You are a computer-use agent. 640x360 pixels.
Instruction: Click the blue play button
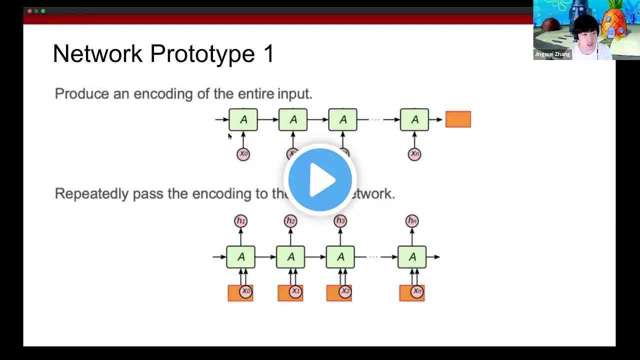click(x=320, y=180)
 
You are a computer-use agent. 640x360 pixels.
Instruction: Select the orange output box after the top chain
click(x=458, y=119)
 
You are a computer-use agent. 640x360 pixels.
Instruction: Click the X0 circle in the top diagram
click(x=243, y=153)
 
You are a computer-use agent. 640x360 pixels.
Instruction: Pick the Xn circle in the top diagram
click(x=414, y=153)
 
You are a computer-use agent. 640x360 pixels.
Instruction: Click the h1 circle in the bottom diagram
click(x=240, y=221)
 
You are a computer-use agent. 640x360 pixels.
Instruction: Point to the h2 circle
click(x=290, y=221)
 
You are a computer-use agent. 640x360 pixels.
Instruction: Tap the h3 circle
click(x=340, y=221)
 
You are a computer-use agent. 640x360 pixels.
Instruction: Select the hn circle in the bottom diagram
click(x=412, y=221)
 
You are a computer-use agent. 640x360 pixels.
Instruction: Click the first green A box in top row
click(x=243, y=119)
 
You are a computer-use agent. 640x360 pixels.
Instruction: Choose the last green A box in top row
click(x=414, y=119)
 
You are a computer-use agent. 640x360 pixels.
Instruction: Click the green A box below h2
click(x=290, y=257)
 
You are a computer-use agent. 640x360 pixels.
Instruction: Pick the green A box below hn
click(x=412, y=257)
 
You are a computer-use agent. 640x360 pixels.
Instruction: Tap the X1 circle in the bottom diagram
click(x=295, y=291)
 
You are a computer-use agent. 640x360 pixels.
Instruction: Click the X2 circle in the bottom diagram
click(x=345, y=291)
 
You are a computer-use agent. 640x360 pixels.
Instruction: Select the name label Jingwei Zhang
click(x=552, y=54)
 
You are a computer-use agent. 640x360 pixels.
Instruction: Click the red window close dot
click(x=30, y=10)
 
